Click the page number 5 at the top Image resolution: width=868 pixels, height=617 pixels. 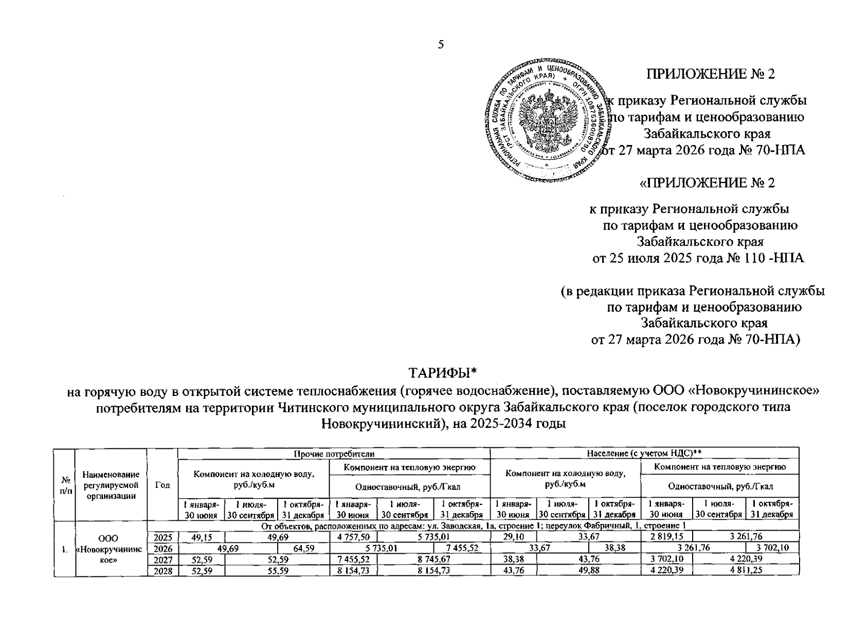tap(441, 45)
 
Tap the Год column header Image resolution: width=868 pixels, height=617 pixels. tap(162, 485)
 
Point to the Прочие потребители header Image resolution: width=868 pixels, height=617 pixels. tap(334, 453)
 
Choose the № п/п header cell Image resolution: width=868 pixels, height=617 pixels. tap(65, 485)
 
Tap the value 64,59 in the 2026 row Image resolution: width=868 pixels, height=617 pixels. tap(303, 548)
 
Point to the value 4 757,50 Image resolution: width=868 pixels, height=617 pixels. tap(352, 537)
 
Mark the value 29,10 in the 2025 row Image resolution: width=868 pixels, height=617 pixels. tap(514, 537)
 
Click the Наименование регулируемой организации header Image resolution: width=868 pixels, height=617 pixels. tap(111, 485)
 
